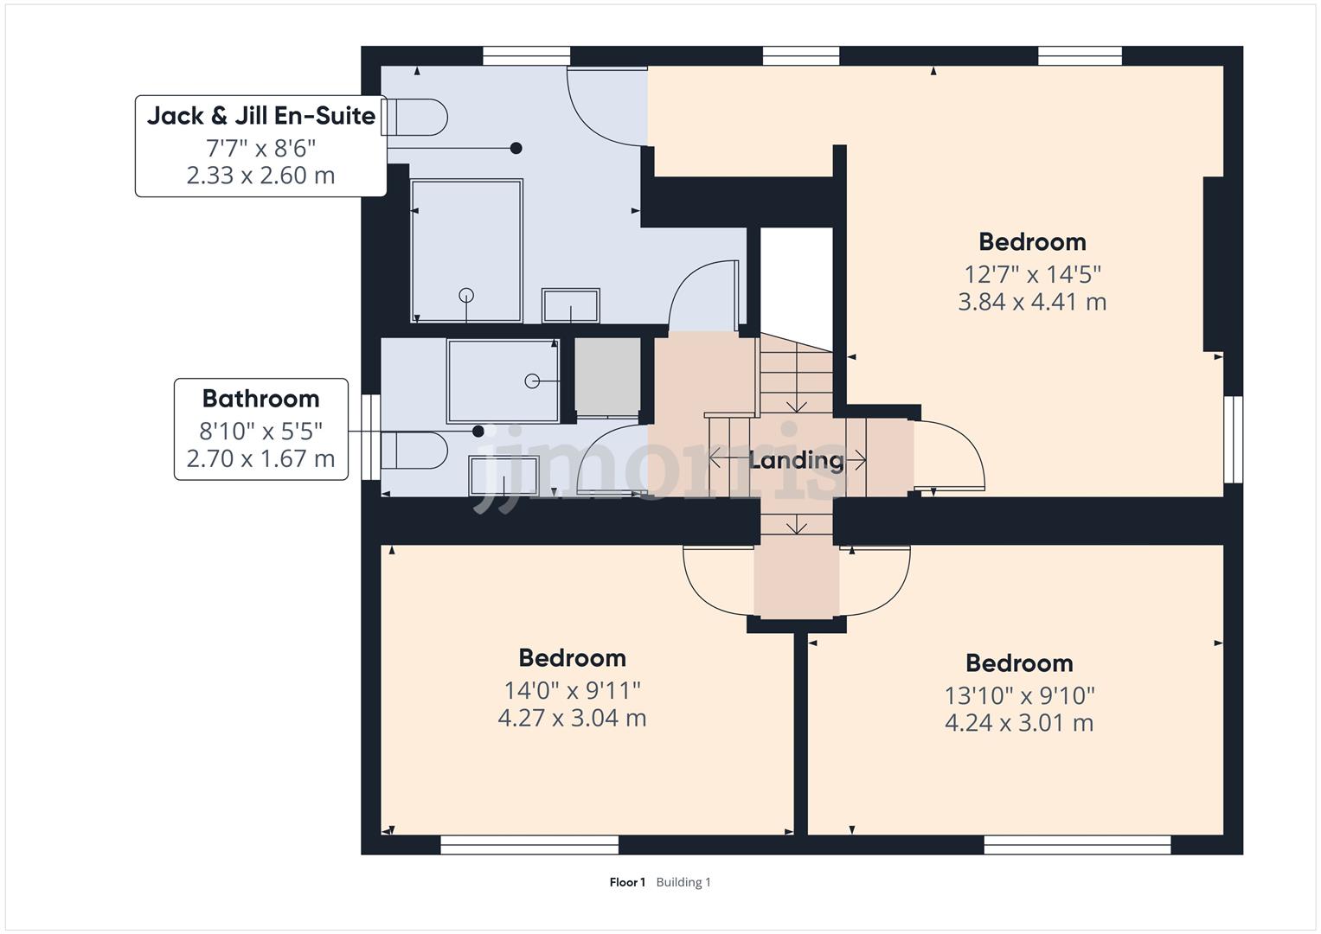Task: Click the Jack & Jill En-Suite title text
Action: coord(260,116)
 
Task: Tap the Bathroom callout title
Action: coord(260,399)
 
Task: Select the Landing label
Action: coord(796,460)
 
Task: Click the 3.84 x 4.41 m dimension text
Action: coord(1031,302)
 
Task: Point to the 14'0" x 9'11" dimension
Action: coord(572,690)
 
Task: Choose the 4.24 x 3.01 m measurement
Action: coord(1018,723)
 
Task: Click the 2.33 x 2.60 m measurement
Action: coord(260,176)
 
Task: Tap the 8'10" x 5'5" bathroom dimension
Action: coord(260,430)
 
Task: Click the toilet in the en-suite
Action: coord(414,117)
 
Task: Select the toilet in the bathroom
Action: coord(414,451)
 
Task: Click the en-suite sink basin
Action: coord(570,306)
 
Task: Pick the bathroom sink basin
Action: coord(503,476)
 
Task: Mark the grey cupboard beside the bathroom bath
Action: coord(607,380)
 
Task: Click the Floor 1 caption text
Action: coord(627,882)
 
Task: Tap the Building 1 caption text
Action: coord(683,882)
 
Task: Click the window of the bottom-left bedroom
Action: coord(529,844)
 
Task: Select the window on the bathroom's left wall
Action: coord(371,437)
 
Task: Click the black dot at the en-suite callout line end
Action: coord(516,148)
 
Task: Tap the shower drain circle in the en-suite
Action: coord(466,294)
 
